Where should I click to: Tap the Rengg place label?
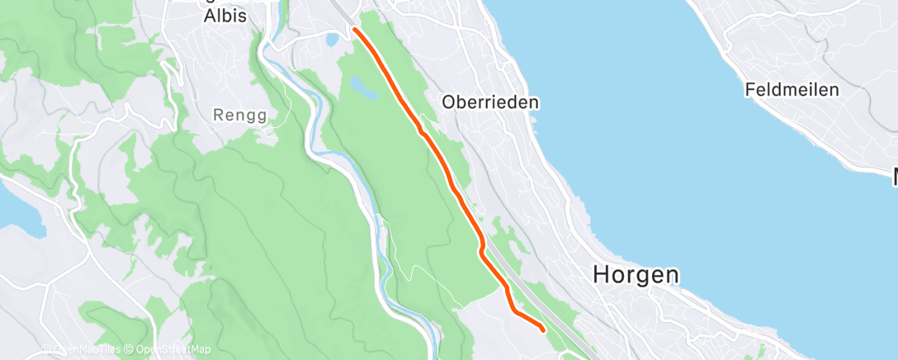point(240,116)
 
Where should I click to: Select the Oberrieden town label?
point(490,102)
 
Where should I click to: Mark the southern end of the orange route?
point(542,329)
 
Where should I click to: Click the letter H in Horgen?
point(603,275)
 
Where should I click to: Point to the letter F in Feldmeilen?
point(749,89)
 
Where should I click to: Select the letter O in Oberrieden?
point(448,102)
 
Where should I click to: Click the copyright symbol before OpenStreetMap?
point(130,349)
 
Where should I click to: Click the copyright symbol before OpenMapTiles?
point(47,349)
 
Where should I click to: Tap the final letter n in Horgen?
point(673,275)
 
